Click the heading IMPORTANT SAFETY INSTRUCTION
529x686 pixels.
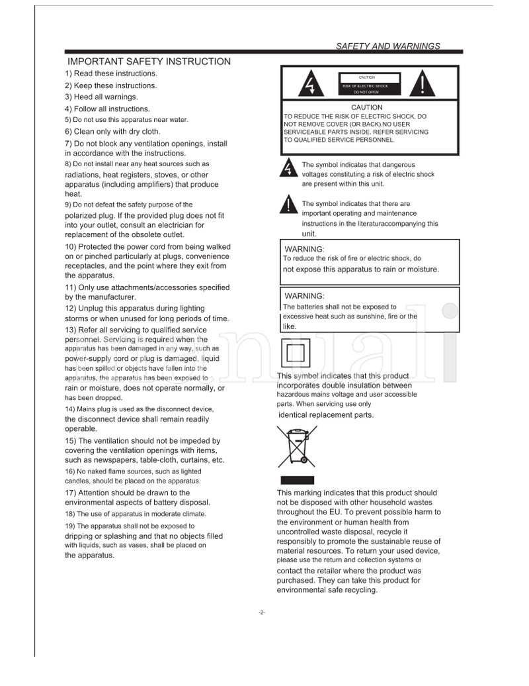(x=149, y=62)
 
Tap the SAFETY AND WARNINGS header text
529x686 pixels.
(x=388, y=46)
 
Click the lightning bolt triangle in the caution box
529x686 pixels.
(x=309, y=84)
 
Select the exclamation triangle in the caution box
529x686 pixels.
(x=424, y=83)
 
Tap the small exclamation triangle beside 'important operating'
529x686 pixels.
(x=288, y=205)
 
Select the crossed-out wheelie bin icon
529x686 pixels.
(x=296, y=446)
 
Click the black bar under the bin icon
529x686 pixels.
(x=296, y=480)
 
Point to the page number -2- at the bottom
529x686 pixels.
(x=262, y=612)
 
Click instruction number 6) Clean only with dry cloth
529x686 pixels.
(x=112, y=131)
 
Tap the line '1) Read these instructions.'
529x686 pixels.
(x=111, y=73)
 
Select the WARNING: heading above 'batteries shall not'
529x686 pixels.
(x=304, y=296)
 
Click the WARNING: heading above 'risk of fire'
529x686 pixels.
(x=304, y=249)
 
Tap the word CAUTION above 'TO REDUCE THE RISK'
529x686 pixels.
(x=366, y=107)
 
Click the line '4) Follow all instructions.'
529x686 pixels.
(x=107, y=109)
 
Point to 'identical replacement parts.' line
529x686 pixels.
(x=326, y=415)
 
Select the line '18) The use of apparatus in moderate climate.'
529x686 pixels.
(x=136, y=514)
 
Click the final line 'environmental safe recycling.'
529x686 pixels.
(x=327, y=590)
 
